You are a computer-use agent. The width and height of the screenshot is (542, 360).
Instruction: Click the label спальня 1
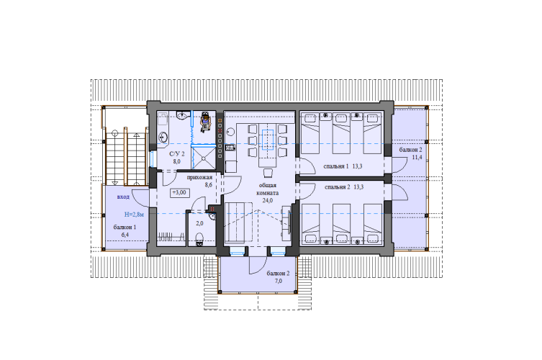tap(336, 166)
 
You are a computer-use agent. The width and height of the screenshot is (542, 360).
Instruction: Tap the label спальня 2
tap(338, 187)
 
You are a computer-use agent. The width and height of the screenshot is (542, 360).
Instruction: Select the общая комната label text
tap(268, 189)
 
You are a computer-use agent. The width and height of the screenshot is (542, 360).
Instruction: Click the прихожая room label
tap(199, 177)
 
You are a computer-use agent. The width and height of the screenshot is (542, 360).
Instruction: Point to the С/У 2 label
tap(176, 154)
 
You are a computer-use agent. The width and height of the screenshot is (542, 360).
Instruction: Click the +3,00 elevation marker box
tap(180, 193)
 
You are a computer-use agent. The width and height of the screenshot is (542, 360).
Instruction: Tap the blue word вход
tap(123, 197)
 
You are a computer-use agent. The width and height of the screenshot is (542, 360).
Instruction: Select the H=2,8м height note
tap(134, 215)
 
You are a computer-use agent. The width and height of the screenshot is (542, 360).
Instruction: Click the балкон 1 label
tap(125, 228)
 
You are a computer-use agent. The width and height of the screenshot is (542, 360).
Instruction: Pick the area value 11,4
tap(417, 158)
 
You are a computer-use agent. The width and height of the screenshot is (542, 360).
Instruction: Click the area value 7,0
tap(279, 281)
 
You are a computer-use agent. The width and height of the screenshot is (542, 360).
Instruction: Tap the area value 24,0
tap(268, 200)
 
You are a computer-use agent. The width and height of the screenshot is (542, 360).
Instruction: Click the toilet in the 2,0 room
tap(199, 239)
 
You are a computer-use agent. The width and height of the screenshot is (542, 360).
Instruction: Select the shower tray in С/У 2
tap(204, 158)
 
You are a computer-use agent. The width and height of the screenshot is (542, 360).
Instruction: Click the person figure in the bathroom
tap(205, 122)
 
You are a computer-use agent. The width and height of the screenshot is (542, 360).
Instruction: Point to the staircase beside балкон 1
tap(126, 157)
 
